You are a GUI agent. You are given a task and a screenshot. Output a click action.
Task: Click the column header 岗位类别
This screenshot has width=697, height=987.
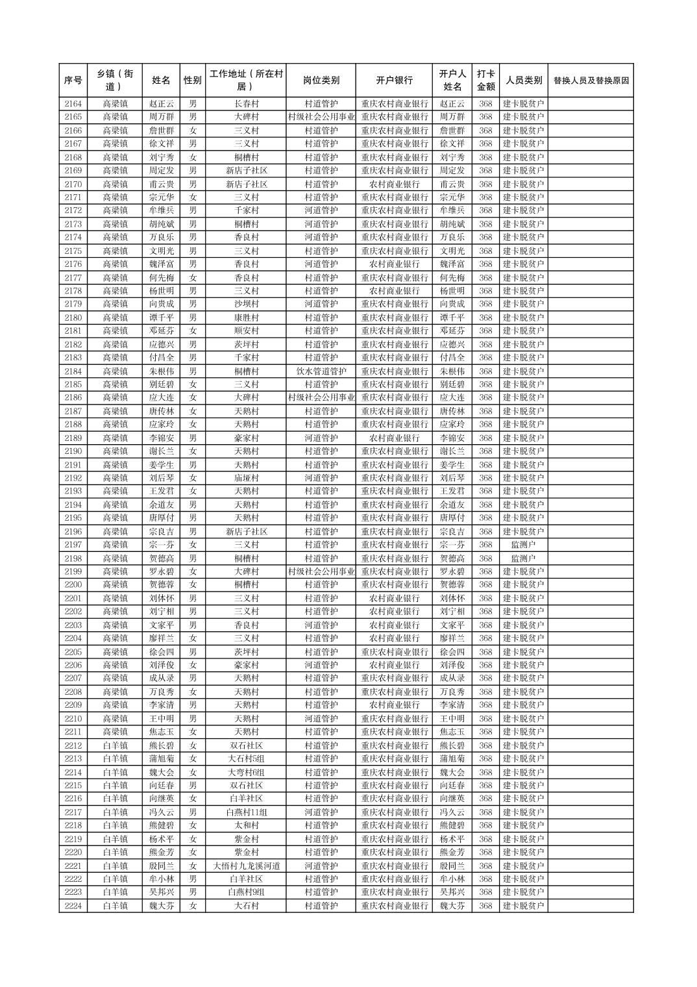coord(321,81)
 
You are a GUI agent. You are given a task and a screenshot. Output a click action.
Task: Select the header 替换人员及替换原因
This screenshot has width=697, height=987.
coord(590,81)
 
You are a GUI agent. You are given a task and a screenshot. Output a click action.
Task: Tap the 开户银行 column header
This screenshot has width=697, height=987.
coord(394,81)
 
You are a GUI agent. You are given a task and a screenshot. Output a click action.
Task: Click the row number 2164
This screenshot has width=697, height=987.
coord(73,104)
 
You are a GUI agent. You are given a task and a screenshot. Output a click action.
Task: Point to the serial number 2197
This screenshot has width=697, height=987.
coord(73,545)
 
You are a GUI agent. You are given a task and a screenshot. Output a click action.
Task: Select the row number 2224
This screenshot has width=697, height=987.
coord(73,906)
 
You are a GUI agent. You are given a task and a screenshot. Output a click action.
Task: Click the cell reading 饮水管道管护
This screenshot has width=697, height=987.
coord(321,371)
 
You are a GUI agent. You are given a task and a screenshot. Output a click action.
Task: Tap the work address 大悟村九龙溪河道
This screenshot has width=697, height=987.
coord(246,866)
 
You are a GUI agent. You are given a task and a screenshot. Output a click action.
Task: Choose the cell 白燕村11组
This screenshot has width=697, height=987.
coord(246,812)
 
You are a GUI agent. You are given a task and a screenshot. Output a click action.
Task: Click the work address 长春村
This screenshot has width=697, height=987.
coord(246,104)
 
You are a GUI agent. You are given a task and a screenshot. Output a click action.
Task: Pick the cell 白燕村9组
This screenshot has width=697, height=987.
coord(246,892)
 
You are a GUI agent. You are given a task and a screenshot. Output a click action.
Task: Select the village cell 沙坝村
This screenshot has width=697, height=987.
coord(246,304)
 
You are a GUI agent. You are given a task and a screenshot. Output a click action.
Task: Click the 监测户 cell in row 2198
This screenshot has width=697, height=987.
coord(523,558)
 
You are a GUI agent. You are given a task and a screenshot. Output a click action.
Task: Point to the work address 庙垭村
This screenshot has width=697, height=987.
coord(246,478)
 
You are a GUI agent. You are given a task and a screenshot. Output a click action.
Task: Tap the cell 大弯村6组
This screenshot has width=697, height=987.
coord(246,772)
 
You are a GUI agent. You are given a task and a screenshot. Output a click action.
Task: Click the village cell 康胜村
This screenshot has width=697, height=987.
coord(246,318)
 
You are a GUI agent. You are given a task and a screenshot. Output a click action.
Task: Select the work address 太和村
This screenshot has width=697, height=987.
coord(246,825)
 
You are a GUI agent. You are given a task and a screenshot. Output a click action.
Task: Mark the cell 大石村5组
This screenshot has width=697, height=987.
coord(246,758)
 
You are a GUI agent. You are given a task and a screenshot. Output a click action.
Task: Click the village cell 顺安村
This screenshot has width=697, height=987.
coord(246,331)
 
